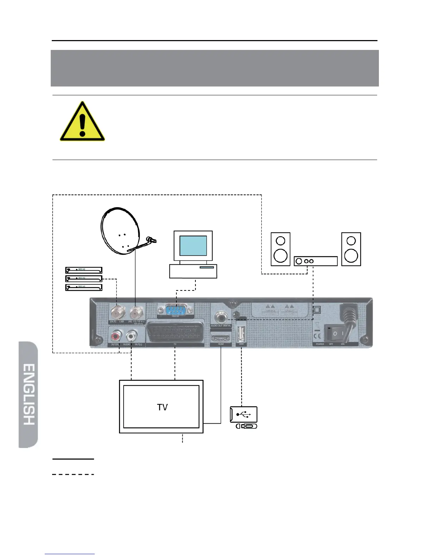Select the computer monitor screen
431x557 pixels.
pyautogui.click(x=193, y=246)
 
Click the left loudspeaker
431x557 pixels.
pyautogui.click(x=280, y=249)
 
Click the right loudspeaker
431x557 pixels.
pyautogui.click(x=351, y=249)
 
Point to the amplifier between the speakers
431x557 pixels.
pyautogui.click(x=316, y=261)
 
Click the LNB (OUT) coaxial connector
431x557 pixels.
pyautogui.click(x=116, y=312)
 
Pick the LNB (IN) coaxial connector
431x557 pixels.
pyautogui.click(x=136, y=312)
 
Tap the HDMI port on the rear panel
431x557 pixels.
pyautogui.click(x=221, y=338)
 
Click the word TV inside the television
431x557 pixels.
pyautogui.click(x=162, y=407)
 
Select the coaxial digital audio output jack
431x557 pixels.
pyautogui.click(x=221, y=315)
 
